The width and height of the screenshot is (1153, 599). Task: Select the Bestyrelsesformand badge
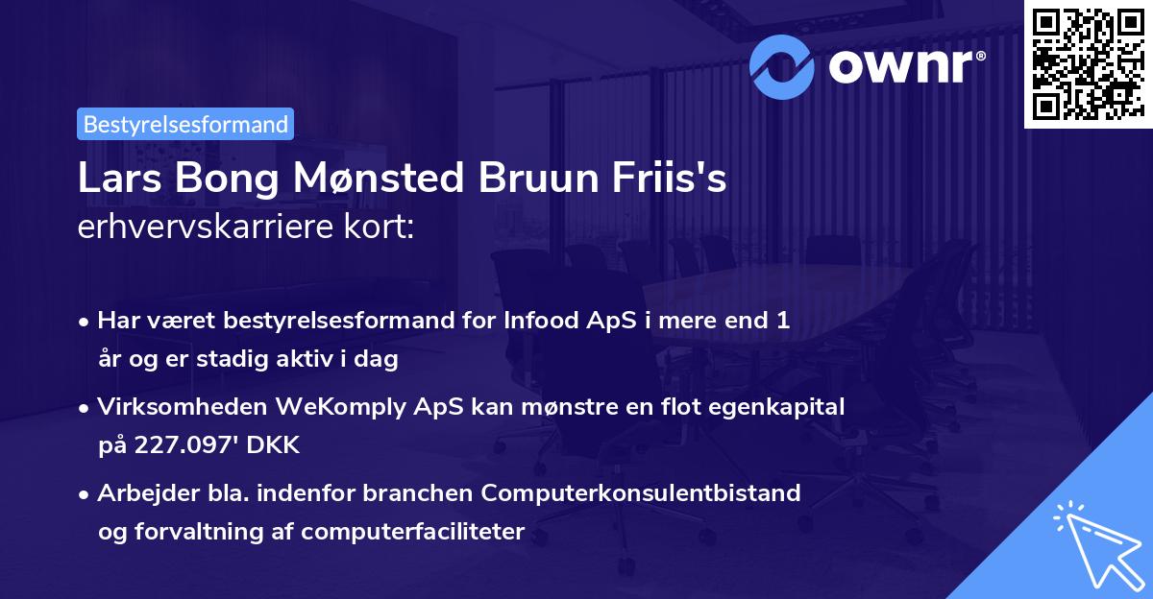click(185, 124)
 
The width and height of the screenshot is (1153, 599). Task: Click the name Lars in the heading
click(113, 180)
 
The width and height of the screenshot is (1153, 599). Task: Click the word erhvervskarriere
click(199, 227)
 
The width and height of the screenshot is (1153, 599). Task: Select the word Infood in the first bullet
click(534, 321)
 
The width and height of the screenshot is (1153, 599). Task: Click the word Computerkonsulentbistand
click(642, 492)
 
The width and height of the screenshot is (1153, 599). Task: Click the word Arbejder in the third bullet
click(141, 492)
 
